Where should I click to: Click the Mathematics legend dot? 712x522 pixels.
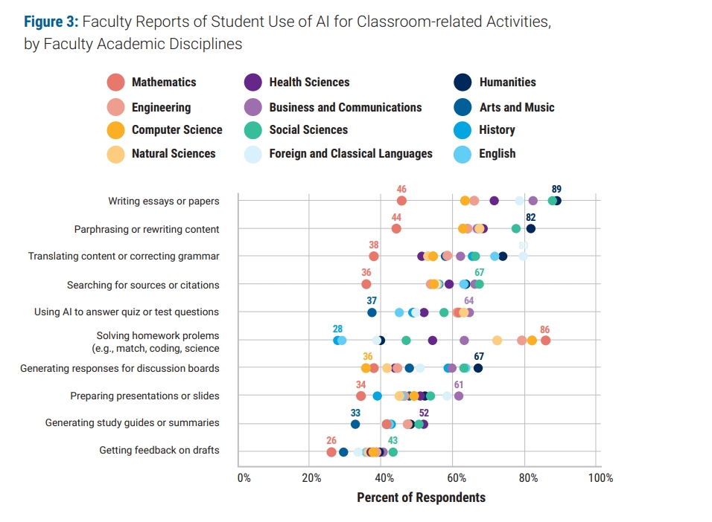tap(115, 83)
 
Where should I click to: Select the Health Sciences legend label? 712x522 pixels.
tap(309, 83)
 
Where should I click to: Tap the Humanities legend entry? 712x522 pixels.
tap(507, 83)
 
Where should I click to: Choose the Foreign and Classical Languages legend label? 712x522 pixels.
tap(350, 154)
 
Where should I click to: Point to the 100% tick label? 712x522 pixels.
tap(600, 477)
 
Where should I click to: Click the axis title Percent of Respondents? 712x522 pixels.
tap(421, 497)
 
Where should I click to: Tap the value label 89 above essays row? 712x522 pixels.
tap(556, 189)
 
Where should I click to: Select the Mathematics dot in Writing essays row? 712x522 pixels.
tap(401, 201)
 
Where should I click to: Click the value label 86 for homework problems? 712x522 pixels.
tap(544, 329)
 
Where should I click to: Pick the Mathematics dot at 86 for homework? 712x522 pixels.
tap(545, 341)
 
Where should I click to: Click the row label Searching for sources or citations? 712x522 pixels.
tap(143, 285)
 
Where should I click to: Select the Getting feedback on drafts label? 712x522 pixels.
tap(159, 450)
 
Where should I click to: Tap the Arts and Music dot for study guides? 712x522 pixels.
tap(355, 424)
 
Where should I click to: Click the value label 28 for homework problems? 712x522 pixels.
tap(337, 329)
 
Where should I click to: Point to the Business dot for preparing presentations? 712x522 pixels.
tap(459, 396)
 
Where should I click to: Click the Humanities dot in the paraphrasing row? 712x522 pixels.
tap(530, 228)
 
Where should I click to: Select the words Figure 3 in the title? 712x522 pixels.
tap(50, 22)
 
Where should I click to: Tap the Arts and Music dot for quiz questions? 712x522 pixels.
tap(372, 312)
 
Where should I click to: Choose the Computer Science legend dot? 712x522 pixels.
tap(115, 130)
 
